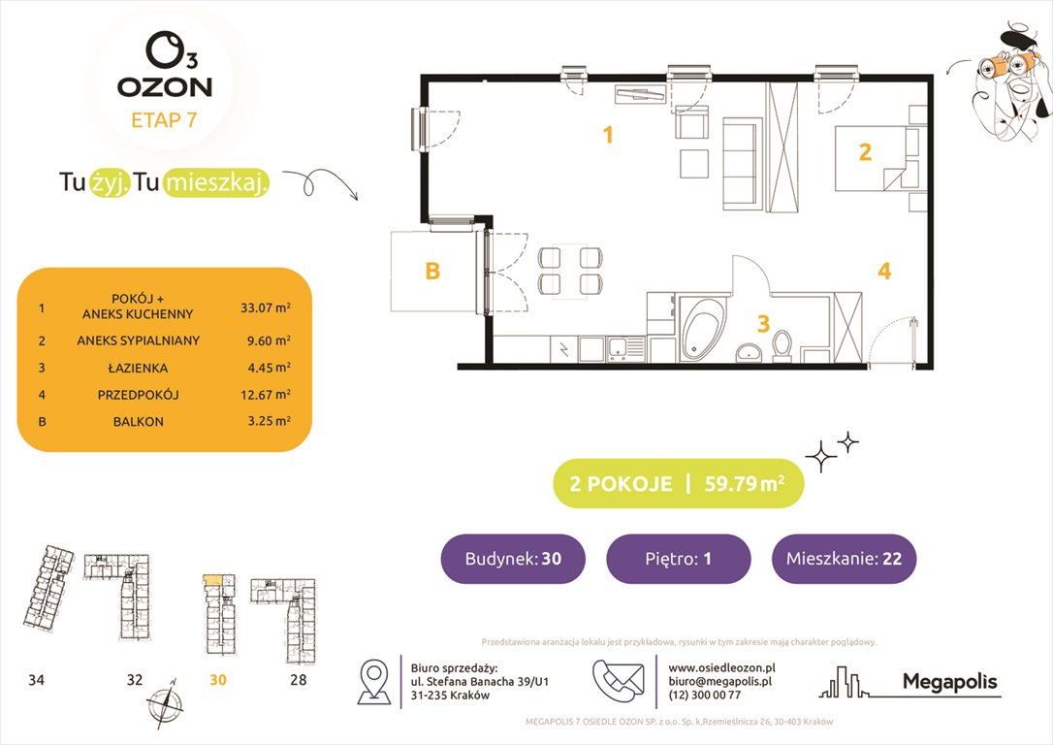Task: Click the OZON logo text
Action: pos(165,85)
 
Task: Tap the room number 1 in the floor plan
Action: pos(608,135)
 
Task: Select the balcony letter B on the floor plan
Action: pos(432,272)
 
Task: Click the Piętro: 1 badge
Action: pos(678,559)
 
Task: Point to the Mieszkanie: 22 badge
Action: pos(844,559)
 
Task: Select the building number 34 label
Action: pos(36,680)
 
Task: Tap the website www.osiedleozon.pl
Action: pos(722,668)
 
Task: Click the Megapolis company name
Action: pos(949,682)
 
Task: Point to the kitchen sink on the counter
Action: pos(618,345)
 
